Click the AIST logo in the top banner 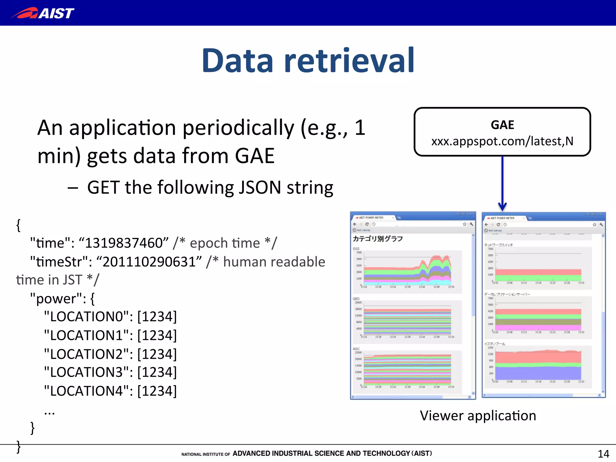(43, 13)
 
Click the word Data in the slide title (238, 61)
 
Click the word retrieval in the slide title (349, 61)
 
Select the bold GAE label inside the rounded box (502, 125)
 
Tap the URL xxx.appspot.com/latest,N (502, 141)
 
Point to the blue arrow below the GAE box (502, 183)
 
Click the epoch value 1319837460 (124, 243)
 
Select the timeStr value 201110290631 (149, 262)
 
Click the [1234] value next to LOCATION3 (157, 372)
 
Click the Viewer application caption (478, 416)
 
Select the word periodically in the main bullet (238, 128)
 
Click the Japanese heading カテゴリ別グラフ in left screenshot (377, 239)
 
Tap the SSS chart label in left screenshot (356, 249)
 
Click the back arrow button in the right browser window (486, 225)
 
